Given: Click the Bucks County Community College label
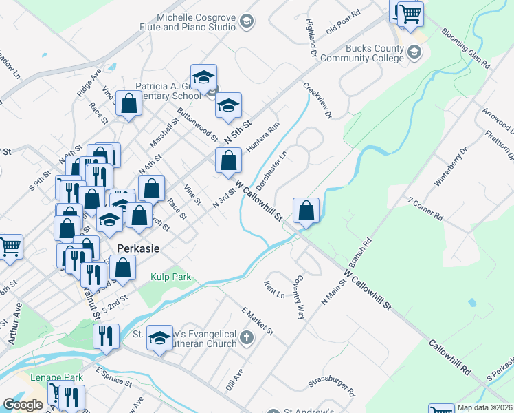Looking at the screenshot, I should point(375,53).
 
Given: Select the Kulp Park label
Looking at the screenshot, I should point(171,277).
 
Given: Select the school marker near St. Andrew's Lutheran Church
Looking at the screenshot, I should point(160,338).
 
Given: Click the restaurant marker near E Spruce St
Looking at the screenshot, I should point(106,336).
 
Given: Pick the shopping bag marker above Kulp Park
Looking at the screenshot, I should point(123,268).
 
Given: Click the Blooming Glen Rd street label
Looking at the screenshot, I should point(466,48).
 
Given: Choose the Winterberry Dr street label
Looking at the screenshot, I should point(450,167).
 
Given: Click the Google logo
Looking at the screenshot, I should point(23,405).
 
